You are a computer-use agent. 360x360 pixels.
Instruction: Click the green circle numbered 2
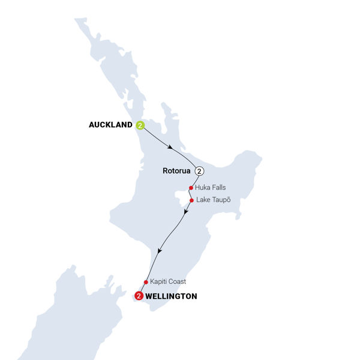coord(140,125)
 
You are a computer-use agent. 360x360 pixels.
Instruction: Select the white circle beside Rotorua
coord(199,171)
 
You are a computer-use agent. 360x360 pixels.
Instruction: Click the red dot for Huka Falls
coord(191,187)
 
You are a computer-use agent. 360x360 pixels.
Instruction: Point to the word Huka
coord(203,188)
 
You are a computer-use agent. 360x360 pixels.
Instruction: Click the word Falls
coord(218,188)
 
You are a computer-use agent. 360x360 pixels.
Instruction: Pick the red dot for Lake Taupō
coord(191,200)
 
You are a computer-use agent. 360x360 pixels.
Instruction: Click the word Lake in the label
coord(203,200)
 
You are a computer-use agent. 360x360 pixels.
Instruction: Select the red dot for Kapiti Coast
coord(146,281)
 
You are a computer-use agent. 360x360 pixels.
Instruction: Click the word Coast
coord(179,281)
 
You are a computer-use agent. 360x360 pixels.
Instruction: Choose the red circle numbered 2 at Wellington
coord(139,295)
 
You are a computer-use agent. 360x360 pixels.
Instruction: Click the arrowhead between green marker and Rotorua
coord(172,148)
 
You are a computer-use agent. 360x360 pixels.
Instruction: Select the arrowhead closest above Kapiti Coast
coord(159,252)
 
